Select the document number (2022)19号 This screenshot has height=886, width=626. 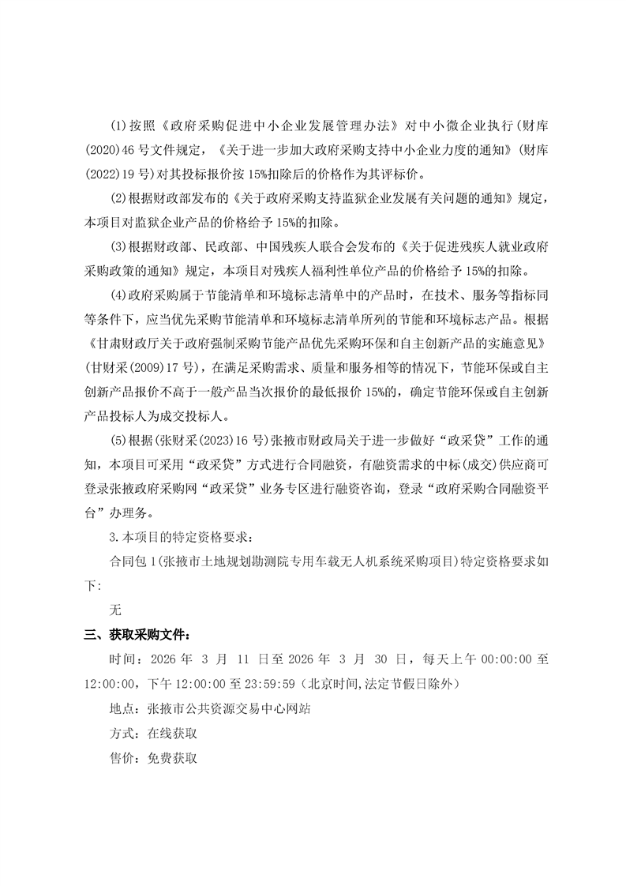tap(116, 173)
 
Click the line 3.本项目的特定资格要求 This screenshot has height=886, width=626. tap(181, 538)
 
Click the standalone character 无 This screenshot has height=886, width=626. tap(115, 610)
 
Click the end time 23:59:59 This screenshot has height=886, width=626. tap(268, 682)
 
